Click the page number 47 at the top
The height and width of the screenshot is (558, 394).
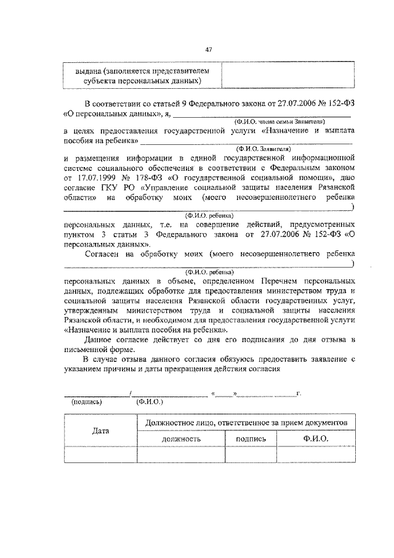(208, 49)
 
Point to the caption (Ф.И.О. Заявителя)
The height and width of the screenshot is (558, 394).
(263, 149)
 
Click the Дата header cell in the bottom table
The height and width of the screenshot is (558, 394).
(100, 430)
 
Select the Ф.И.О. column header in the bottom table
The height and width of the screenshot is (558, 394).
(316, 438)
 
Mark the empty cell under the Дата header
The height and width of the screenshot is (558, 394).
(100, 454)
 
